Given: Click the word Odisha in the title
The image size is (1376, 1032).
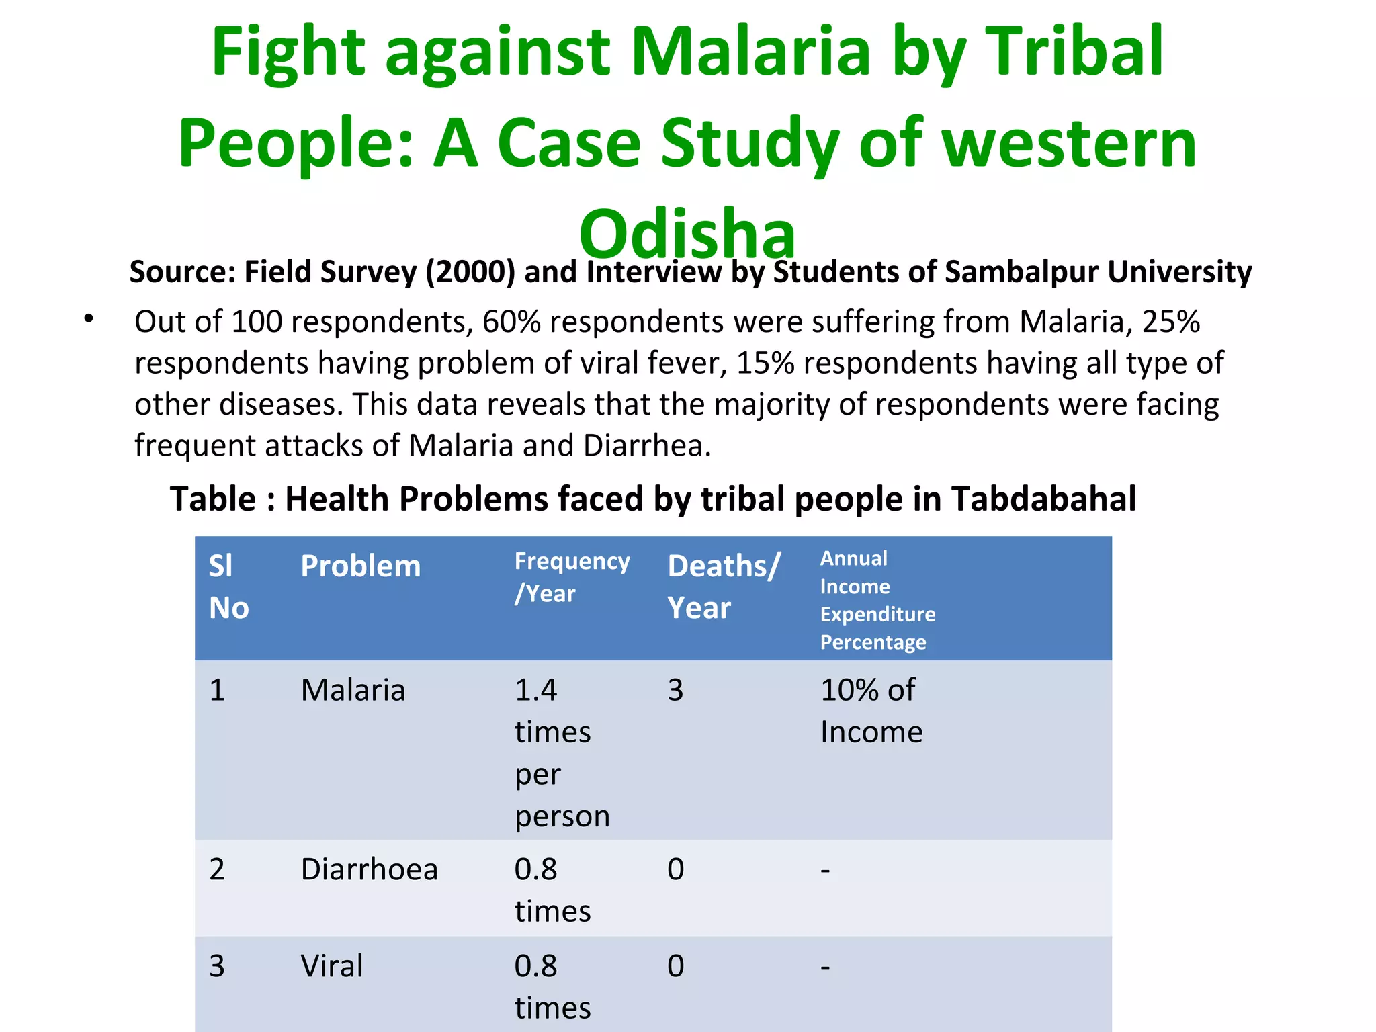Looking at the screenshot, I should tap(687, 233).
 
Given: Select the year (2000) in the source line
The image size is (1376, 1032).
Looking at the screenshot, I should tap(470, 271).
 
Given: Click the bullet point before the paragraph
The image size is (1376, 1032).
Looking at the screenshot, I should tap(89, 320).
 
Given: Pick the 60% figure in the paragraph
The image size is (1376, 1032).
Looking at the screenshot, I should tap(512, 322).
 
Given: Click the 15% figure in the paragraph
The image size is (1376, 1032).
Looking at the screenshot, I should tap(765, 363).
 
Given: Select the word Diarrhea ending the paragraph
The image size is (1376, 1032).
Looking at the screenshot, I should tap(646, 445).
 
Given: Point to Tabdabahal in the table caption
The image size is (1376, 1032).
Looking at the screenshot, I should tap(1043, 499).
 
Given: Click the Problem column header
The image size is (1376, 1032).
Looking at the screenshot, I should tap(360, 566).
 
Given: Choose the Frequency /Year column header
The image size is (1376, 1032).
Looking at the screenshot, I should tap(572, 576).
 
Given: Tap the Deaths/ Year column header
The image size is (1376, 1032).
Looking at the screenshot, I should tap(723, 587).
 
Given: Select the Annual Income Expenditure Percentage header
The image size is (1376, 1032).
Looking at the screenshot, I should tap(877, 600).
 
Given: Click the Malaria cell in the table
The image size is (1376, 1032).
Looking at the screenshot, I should tap(353, 690).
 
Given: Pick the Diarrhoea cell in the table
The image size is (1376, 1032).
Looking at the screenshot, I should tap(369, 869).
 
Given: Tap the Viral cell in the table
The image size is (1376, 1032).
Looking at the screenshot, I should tap(331, 966).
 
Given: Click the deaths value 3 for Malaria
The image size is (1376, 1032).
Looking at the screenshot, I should tap(675, 690).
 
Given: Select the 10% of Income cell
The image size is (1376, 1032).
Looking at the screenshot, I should tap(871, 710).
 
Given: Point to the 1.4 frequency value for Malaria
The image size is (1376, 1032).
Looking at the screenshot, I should tap(535, 690).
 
